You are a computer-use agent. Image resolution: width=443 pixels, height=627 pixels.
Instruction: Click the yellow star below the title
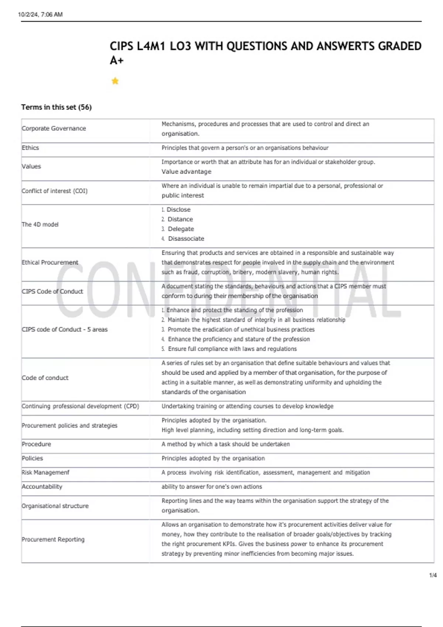coord(115,81)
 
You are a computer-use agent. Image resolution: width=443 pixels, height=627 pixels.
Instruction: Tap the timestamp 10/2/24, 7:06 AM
coord(40,14)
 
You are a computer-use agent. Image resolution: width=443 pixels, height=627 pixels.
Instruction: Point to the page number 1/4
coord(433,575)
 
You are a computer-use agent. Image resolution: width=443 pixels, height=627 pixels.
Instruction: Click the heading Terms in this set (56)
coord(56,107)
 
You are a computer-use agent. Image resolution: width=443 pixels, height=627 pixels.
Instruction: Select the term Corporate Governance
coord(54,128)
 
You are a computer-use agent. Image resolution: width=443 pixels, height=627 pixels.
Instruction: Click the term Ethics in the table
coord(30,148)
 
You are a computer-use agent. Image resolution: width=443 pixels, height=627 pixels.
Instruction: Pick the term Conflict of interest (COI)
coord(55,191)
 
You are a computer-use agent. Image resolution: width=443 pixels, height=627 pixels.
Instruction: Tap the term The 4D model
coord(40,224)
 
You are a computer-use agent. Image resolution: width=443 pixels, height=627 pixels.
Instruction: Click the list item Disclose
coord(178,209)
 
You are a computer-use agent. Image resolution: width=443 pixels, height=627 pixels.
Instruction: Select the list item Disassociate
coord(186,239)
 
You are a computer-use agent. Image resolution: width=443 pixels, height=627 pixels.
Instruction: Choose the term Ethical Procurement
coord(50,262)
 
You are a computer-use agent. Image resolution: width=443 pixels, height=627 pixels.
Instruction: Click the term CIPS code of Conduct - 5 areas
coord(65,329)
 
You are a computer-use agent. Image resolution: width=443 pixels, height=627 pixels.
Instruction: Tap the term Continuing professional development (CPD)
coord(80,406)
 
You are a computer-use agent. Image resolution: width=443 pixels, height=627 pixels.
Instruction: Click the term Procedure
coord(37,444)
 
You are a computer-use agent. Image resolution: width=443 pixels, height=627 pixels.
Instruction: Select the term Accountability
coord(42,486)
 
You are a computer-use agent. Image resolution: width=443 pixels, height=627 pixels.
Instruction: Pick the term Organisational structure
coord(55,506)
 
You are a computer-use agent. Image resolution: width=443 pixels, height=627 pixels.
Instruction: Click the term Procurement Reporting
coord(53,539)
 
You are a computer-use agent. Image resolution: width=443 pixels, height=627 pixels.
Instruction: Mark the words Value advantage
coord(186,172)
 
